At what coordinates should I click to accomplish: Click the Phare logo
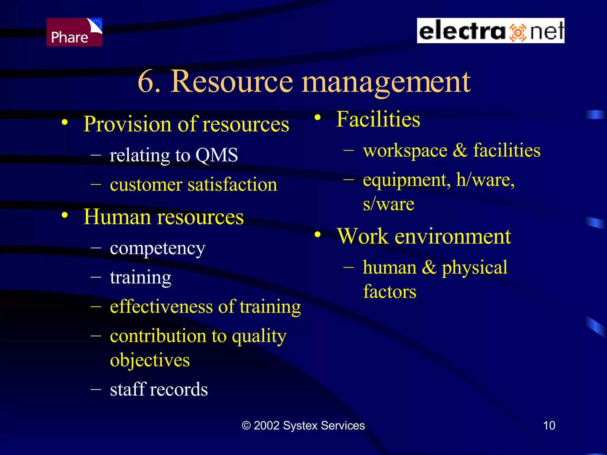tap(74, 32)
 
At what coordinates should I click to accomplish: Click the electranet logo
tap(490, 31)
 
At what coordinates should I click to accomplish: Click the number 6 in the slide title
tap(147, 81)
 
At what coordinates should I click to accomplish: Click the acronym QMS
tap(217, 155)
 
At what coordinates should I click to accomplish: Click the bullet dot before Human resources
tap(65, 215)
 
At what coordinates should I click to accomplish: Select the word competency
tap(157, 248)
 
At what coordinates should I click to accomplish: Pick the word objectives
tap(150, 360)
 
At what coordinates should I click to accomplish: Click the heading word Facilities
tap(378, 119)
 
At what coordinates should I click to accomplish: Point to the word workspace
tap(405, 150)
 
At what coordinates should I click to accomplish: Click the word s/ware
tap(388, 204)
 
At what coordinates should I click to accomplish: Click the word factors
tap(389, 291)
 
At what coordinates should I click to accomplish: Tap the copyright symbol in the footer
tap(246, 425)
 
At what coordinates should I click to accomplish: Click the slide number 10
tap(549, 425)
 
